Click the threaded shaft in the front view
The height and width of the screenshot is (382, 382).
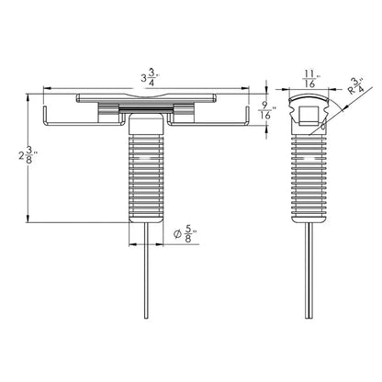tap(148, 174)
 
